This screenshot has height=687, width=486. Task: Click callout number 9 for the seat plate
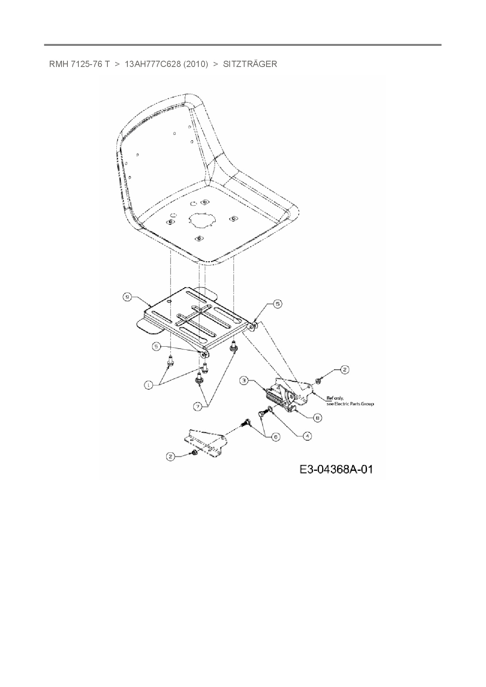[127, 297]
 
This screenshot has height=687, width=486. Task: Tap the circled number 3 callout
[244, 380]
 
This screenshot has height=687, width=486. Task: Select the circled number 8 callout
[318, 418]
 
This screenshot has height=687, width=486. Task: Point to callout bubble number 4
[307, 436]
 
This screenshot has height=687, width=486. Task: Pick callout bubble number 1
[149, 385]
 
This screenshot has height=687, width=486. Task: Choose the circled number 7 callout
[198, 407]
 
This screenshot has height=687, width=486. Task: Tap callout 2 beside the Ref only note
[344, 369]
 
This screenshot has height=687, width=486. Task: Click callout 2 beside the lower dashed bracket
[170, 456]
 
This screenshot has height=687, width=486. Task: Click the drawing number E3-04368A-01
[336, 469]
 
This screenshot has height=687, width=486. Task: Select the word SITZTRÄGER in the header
[250, 64]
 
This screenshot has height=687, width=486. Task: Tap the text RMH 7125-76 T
[79, 64]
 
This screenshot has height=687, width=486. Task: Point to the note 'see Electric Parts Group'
[350, 404]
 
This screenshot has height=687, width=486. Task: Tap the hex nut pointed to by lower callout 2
[194, 453]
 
